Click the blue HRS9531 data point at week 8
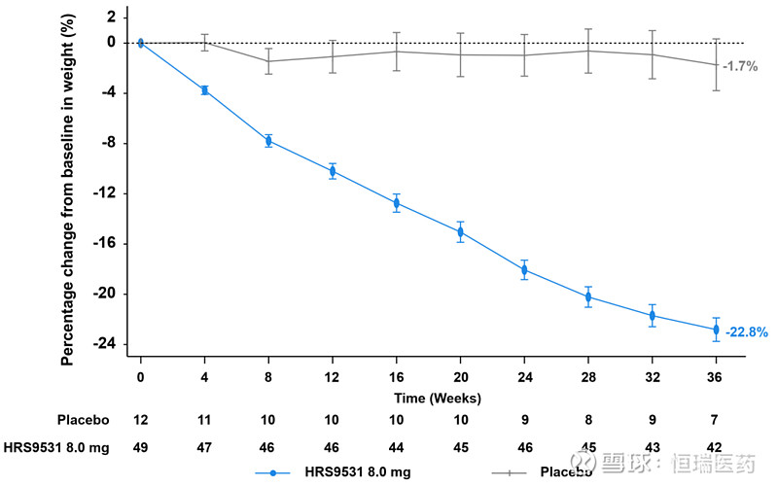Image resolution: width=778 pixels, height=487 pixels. [x=268, y=141]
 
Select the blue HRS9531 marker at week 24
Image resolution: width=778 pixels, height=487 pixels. [x=524, y=269]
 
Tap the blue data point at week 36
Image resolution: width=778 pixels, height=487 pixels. [x=716, y=330]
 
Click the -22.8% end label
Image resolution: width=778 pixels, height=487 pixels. [x=747, y=331]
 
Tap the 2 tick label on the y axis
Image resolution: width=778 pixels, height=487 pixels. [x=111, y=17]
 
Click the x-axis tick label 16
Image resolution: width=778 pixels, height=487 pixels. [x=396, y=376]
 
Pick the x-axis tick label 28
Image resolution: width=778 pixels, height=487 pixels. [x=587, y=376]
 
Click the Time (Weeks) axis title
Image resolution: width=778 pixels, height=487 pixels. [x=438, y=398]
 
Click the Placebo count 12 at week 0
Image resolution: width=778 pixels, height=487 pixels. [x=140, y=420]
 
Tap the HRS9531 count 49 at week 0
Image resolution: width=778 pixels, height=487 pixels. [x=140, y=447]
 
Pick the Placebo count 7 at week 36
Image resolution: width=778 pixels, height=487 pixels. [x=716, y=420]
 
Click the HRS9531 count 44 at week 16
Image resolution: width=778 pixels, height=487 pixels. [x=396, y=447]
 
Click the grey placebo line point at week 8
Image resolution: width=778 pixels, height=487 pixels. [x=268, y=61]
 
